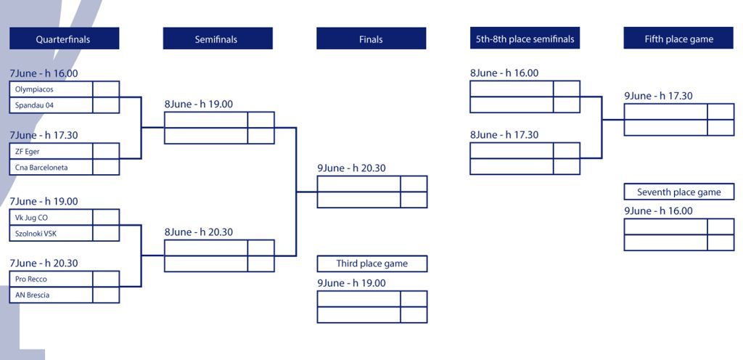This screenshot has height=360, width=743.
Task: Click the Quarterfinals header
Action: coord(64,38)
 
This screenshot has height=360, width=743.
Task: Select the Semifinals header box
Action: coord(218,38)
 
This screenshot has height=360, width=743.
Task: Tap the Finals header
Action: coord(371,38)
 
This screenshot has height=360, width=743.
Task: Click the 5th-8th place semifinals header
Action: coord(525,38)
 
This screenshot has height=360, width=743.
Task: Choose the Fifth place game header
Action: coord(678,38)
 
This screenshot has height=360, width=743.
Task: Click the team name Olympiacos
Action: coord(34,89)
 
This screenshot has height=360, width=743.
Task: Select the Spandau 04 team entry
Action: coord(34,105)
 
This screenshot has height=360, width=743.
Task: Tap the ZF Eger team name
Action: coord(27,152)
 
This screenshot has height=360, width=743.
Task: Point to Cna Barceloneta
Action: coord(41,167)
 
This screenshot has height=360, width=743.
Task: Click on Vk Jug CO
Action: coord(31,218)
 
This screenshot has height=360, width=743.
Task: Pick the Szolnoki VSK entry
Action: coord(36,234)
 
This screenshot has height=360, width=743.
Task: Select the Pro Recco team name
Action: coord(30,279)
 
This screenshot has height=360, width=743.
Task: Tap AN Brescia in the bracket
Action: coord(32,295)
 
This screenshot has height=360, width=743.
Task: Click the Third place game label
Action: coord(372,264)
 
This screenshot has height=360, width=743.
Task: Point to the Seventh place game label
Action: coord(679,192)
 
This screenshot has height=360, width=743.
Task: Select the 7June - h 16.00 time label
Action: coord(44,73)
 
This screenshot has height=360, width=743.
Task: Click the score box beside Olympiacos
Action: coord(106,89)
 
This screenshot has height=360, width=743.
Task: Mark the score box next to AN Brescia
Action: coord(106,295)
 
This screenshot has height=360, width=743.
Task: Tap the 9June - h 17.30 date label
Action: coord(658,96)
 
